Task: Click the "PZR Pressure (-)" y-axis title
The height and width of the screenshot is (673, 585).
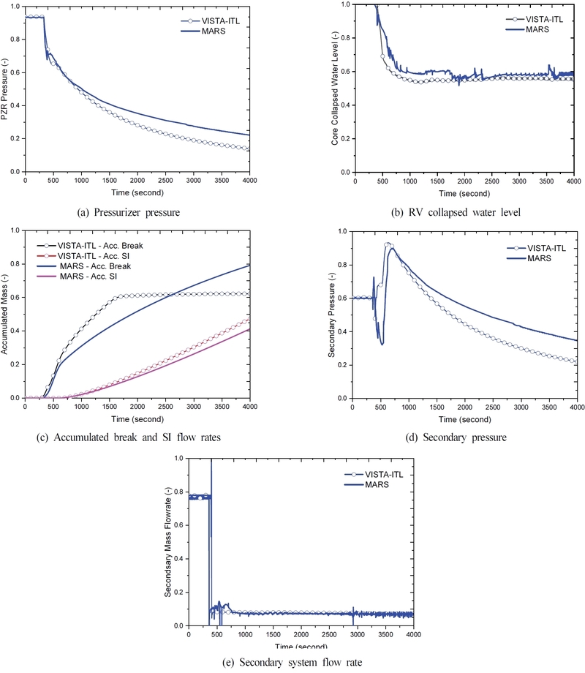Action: click(x=7, y=88)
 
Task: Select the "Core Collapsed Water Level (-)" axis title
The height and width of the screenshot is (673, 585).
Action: click(x=334, y=88)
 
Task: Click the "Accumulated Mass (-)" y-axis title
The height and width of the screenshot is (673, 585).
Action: click(x=7, y=315)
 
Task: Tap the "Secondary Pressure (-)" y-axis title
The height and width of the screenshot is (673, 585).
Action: click(x=334, y=315)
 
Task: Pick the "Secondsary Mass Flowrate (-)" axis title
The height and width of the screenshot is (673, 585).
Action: click(x=170, y=541)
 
